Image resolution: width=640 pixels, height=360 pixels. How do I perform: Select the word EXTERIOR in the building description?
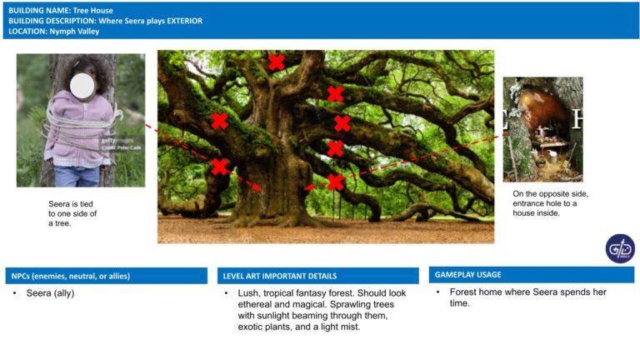point(184,21)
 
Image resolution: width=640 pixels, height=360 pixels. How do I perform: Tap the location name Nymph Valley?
point(74,32)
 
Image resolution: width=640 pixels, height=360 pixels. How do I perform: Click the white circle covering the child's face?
point(82,86)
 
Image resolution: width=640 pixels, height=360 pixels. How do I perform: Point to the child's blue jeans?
point(77,177)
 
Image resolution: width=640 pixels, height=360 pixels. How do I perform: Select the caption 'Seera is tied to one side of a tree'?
point(72,213)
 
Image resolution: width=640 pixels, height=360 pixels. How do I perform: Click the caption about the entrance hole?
point(550,203)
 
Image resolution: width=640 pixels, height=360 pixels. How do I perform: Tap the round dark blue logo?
point(620,248)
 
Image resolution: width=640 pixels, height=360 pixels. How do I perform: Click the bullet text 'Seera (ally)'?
point(50,293)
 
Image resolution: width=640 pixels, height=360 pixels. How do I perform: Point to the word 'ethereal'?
point(255,304)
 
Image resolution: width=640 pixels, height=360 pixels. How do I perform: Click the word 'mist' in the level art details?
point(351,327)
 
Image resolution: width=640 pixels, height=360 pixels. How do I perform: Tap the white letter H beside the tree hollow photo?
point(577,119)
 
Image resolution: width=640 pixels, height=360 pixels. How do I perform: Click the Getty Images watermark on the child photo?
point(117,140)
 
